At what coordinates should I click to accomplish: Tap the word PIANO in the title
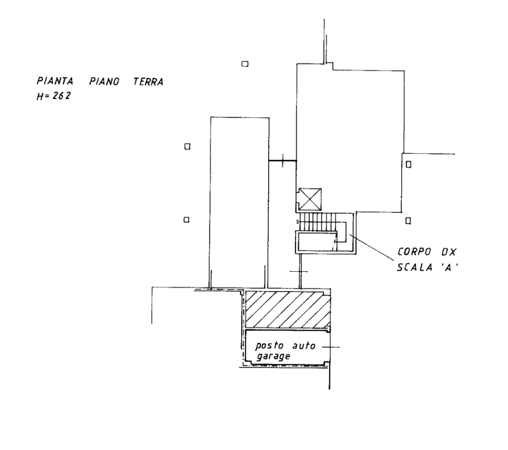point(104,82)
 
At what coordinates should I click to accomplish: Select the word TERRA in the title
point(148,82)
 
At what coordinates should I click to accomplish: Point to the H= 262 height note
point(53,95)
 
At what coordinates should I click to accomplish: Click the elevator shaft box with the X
point(309,199)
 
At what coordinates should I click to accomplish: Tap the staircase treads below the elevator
point(318,221)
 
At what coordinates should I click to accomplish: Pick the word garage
point(273,357)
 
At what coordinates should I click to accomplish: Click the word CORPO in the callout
point(415,251)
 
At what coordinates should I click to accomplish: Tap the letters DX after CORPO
point(449,251)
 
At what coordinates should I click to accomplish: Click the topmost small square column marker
point(244,63)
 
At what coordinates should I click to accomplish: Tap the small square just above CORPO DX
point(407,220)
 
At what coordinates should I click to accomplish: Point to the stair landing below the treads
point(316,241)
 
